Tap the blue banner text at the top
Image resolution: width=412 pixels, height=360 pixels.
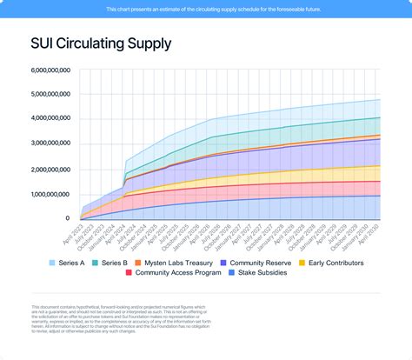point(206,9)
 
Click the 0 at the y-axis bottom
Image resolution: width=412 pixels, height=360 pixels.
point(67,219)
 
